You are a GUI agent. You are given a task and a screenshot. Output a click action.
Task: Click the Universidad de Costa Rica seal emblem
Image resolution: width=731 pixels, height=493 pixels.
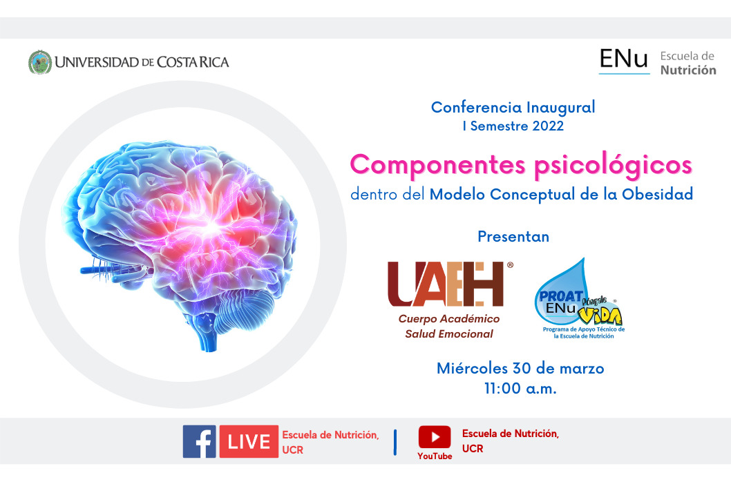(40, 62)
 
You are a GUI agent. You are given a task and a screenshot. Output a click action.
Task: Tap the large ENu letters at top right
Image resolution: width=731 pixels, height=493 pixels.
(624, 59)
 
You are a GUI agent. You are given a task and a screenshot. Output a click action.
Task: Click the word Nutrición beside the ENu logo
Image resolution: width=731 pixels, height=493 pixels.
(688, 70)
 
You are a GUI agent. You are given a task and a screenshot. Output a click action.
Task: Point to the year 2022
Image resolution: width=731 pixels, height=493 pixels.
(549, 126)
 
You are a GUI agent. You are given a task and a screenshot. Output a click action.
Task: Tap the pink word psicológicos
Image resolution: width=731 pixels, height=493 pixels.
(613, 165)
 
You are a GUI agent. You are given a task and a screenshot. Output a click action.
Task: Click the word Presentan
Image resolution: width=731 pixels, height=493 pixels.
(513, 237)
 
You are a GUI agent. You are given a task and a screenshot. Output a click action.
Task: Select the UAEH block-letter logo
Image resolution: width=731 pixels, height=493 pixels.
(447, 284)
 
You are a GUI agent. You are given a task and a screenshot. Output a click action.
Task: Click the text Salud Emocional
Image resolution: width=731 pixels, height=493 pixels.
(449, 333)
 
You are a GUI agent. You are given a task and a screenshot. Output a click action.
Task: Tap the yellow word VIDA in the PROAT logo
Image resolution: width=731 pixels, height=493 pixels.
(600, 316)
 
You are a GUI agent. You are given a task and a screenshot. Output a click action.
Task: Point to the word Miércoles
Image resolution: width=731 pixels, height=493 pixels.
(472, 368)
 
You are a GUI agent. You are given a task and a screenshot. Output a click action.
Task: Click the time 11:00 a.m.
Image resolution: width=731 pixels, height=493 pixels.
(520, 388)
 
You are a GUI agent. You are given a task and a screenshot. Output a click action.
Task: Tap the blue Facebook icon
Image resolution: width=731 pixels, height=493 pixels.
(199, 441)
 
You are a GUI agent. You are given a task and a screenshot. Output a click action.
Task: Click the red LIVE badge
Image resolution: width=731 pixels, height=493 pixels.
(249, 441)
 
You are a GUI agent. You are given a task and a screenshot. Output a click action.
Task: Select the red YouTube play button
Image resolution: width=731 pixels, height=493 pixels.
(435, 437)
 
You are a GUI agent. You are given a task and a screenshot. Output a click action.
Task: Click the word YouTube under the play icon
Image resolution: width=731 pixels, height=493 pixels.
(435, 456)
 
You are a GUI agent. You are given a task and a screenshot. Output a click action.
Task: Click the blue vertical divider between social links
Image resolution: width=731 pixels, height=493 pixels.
(395, 442)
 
